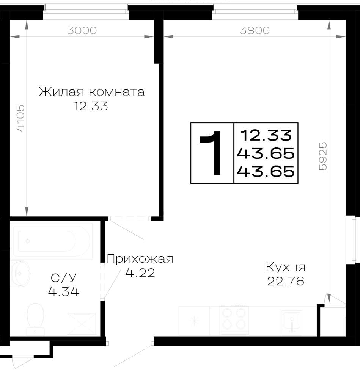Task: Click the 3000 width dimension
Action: pyautogui.click(x=82, y=30)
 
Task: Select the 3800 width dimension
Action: pyautogui.click(x=255, y=30)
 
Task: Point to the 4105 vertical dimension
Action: pyautogui.click(x=20, y=118)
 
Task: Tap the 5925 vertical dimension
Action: pyautogui.click(x=323, y=156)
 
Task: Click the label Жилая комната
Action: pyautogui.click(x=92, y=92)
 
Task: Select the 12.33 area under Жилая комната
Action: pyautogui.click(x=91, y=106)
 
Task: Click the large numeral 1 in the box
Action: pyautogui.click(x=211, y=153)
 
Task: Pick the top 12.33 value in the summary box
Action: pyautogui.click(x=266, y=135)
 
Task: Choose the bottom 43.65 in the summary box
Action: pyautogui.click(x=266, y=171)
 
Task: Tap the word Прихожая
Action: pyautogui.click(x=140, y=259)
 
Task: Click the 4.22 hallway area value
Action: pyautogui.click(x=140, y=273)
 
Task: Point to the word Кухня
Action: pyautogui.click(x=286, y=267)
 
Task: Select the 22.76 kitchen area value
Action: pyautogui.click(x=286, y=281)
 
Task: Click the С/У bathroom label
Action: pyautogui.click(x=64, y=278)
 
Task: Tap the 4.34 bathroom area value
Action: pyautogui.click(x=64, y=292)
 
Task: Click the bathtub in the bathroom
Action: pyautogui.click(x=52, y=241)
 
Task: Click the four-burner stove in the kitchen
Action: pyautogui.click(x=234, y=320)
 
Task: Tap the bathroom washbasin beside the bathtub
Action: pyautogui.click(x=20, y=273)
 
